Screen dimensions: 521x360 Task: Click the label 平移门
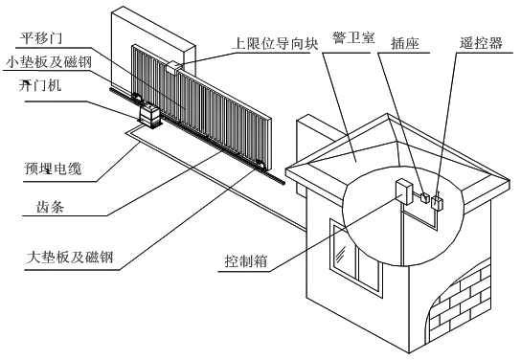[40, 38]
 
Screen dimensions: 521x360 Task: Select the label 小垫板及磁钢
[49, 62]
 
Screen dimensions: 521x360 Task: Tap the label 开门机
[40, 85]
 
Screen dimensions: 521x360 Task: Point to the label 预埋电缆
[53, 169]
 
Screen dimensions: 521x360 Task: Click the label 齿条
[50, 207]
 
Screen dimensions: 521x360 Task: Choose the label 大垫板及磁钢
[70, 258]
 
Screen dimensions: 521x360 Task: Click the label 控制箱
[246, 261]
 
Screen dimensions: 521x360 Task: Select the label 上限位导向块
[275, 43]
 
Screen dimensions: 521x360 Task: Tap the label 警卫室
[353, 37]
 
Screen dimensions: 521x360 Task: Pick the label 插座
[405, 43]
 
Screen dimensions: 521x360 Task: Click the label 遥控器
[481, 43]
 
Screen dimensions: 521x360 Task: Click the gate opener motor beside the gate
[149, 116]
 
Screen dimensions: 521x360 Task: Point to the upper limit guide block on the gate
[173, 67]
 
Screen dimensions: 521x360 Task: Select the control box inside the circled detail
[404, 191]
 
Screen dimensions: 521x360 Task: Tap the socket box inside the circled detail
[425, 198]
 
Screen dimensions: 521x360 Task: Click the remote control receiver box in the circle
[438, 203]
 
